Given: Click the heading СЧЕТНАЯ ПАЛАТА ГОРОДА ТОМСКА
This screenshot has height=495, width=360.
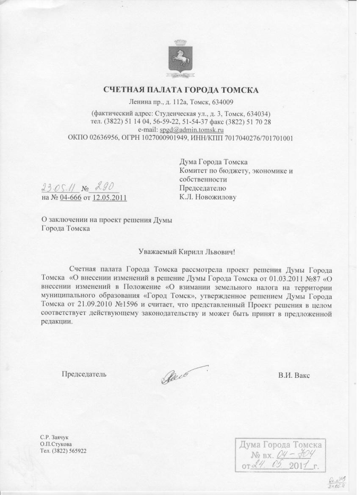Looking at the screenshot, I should (181, 89).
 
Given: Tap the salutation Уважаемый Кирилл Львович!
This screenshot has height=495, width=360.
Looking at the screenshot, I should (187, 251).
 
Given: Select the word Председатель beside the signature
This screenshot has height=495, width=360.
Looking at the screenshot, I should (84, 374).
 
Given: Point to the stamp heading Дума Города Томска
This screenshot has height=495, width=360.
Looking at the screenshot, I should (280, 445).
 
